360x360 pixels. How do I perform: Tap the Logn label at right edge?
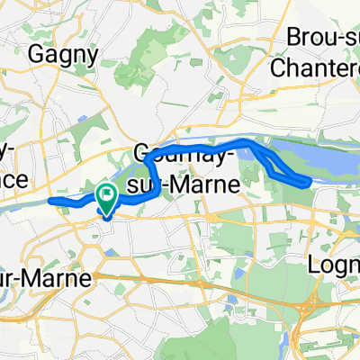coord(334,266)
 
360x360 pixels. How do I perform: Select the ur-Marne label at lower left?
coord(45,279)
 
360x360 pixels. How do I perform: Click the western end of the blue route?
coord(49,200)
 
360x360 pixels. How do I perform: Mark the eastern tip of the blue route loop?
coord(310,183)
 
